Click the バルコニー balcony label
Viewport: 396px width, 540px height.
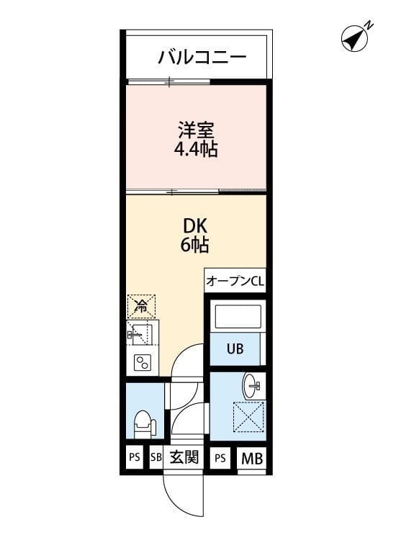pos(202,57)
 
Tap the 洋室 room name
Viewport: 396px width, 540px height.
pos(197,132)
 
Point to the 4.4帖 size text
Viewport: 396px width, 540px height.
pos(197,150)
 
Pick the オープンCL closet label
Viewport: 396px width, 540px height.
pos(235,282)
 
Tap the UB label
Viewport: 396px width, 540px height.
pos(235,350)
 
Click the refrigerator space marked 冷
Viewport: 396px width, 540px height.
pos(141,306)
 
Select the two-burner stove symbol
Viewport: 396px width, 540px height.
pos(140,363)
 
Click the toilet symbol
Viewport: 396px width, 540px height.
pos(143,423)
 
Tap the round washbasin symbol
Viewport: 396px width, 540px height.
pos(251,384)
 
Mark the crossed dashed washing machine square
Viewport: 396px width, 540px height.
pos(248,417)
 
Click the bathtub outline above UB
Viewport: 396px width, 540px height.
pos(235,318)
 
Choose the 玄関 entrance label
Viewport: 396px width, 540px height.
pos(184,457)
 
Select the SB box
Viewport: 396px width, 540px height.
pos(156,457)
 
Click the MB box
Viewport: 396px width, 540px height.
pos(251,457)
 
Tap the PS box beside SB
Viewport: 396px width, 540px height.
pos(135,457)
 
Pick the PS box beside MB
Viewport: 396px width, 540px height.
pos(220,457)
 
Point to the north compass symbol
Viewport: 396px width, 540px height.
pos(354,38)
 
